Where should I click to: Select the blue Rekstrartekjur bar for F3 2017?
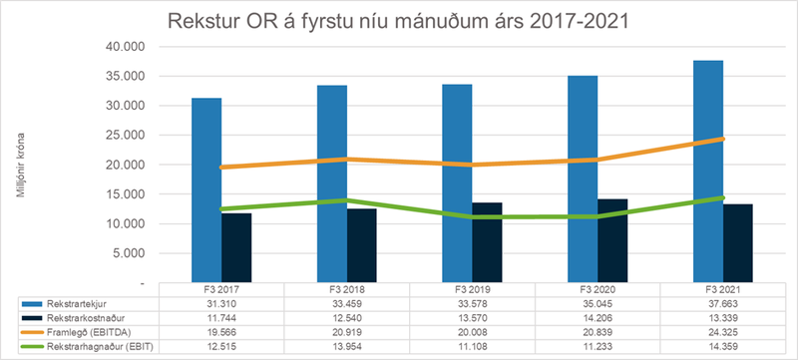click(206, 189)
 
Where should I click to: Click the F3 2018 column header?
click(347, 289)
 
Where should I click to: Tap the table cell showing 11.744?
click(221, 316)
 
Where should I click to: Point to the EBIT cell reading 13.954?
click(347, 345)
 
